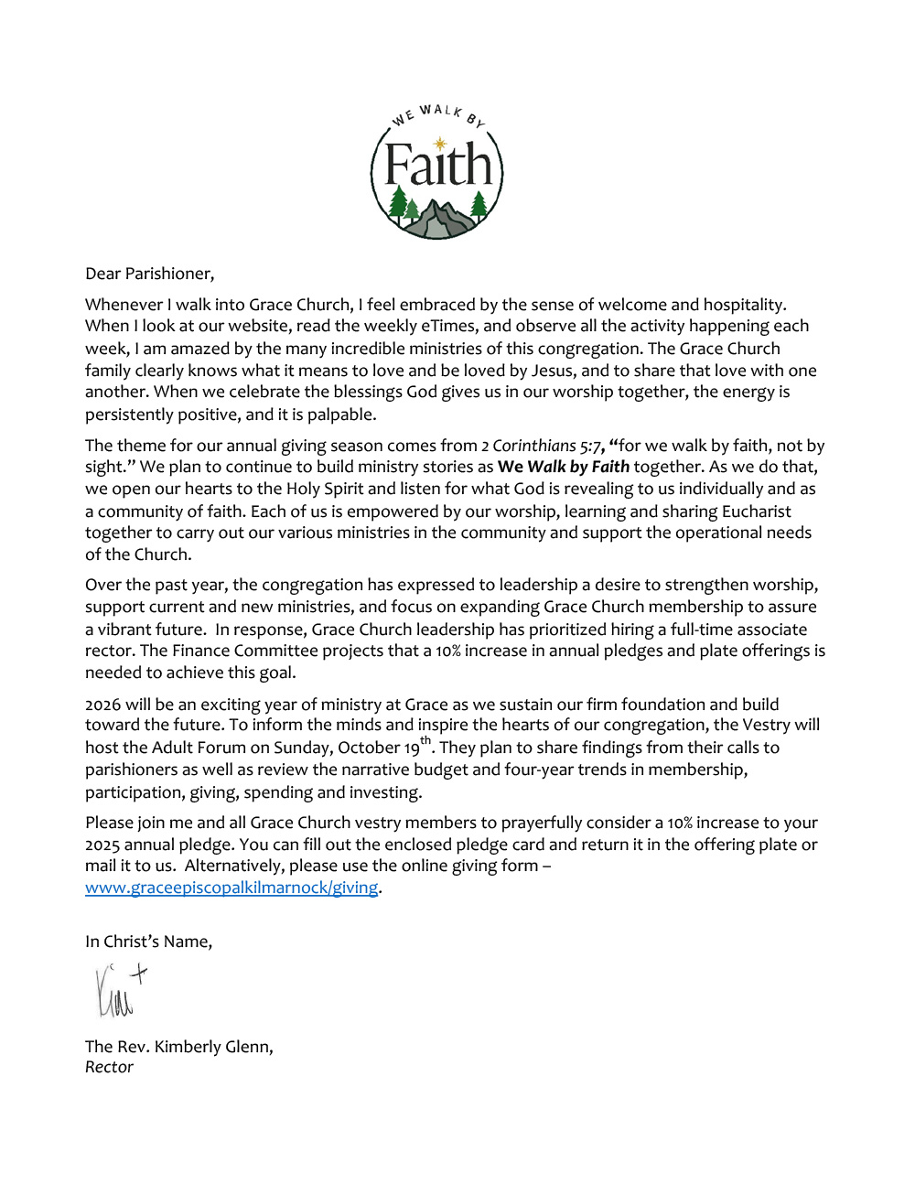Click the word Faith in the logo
click(x=438, y=166)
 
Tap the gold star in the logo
click(x=440, y=143)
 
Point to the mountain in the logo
click(x=438, y=219)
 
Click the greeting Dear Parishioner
click(x=149, y=274)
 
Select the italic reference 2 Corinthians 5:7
click(x=541, y=446)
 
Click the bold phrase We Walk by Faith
click(x=564, y=467)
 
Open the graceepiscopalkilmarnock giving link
click(x=231, y=887)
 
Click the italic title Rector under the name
click(x=109, y=1067)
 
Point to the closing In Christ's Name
click(x=148, y=941)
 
